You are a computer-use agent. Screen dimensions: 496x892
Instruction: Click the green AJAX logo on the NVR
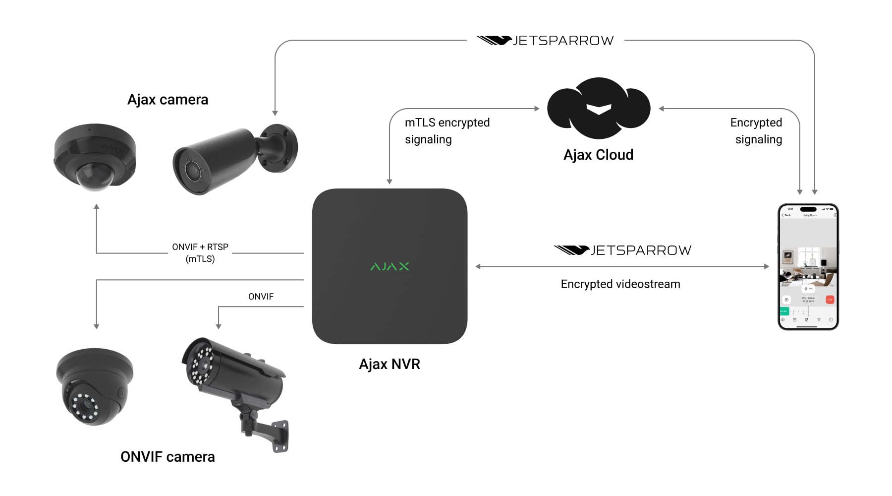(390, 266)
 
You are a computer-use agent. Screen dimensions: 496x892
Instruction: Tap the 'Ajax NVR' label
(390, 364)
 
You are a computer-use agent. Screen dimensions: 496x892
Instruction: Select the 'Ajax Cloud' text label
(598, 155)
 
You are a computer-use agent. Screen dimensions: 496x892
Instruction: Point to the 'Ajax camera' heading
(167, 100)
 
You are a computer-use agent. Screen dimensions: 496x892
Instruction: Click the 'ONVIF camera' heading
(167, 457)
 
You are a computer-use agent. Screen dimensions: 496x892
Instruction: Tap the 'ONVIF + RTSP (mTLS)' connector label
(200, 252)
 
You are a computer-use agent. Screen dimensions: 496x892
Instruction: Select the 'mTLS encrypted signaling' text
(447, 131)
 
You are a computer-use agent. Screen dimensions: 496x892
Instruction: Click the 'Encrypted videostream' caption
(620, 284)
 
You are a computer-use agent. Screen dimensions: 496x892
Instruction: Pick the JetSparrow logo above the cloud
(545, 40)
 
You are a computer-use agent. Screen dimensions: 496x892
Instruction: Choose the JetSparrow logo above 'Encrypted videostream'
(622, 250)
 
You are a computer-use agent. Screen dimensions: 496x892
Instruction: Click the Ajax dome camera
(95, 157)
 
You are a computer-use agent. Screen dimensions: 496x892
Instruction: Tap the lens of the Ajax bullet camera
(190, 170)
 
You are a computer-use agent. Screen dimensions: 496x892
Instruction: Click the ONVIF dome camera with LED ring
(94, 386)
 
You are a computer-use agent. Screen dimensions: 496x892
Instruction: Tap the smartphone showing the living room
(808, 266)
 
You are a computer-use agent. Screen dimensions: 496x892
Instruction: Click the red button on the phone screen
(830, 300)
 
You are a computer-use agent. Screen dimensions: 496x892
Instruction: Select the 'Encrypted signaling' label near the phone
(757, 131)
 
